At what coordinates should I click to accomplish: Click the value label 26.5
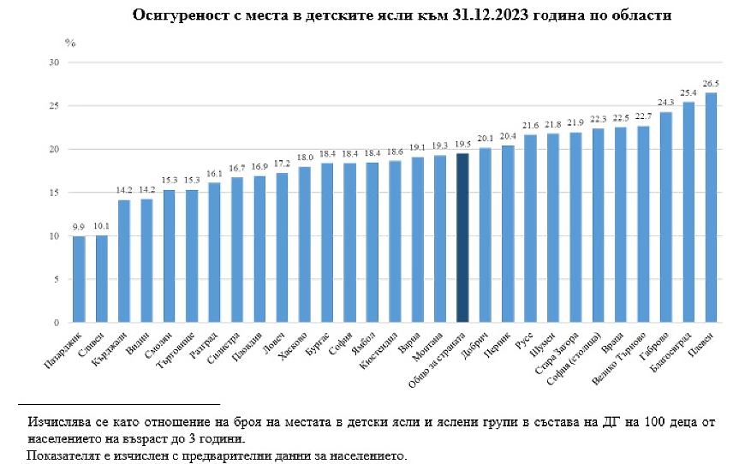click(x=712, y=84)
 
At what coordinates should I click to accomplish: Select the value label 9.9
click(x=78, y=228)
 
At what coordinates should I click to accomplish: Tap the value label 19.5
click(x=462, y=145)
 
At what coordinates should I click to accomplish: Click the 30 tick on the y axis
click(x=53, y=62)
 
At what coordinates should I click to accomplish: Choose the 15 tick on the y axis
click(x=53, y=193)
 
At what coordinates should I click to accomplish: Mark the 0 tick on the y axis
click(x=56, y=323)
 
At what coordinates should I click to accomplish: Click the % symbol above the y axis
click(x=70, y=42)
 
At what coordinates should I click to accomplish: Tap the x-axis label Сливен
click(x=93, y=342)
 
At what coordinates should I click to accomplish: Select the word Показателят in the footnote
click(x=61, y=454)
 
